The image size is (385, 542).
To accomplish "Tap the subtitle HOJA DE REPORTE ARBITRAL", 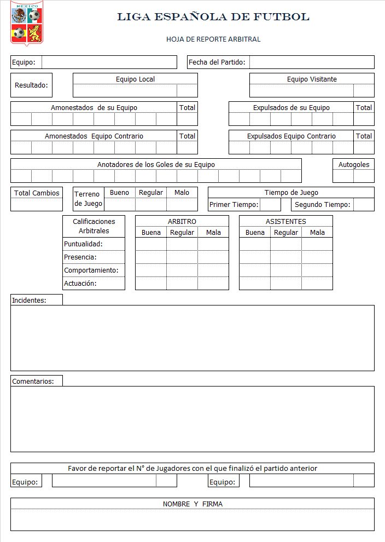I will pos(213,39).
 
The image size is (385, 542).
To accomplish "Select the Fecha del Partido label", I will pos(217,62).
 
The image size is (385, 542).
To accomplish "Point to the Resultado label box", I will pos(31,85).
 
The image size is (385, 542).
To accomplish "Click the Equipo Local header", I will pos(135,79).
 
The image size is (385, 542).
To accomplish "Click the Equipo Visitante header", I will pos(312,79).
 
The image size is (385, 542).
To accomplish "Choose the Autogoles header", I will pos(353,164).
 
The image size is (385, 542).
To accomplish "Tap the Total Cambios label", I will pos(37,193).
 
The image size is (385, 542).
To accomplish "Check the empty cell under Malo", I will pos(182,204).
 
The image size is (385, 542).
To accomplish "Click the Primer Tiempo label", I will pos(234,205).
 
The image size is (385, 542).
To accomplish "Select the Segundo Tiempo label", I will pos(322,205).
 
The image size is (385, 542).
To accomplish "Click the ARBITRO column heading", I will pos(182,221).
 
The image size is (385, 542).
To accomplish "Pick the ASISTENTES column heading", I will pos(286,221).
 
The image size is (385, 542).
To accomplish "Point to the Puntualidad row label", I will pos(83,244).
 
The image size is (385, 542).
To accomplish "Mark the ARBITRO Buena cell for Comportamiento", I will pos(151,270).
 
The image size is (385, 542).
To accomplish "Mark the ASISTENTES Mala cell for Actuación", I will pos(317,284).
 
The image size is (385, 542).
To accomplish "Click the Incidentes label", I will pos(30,300).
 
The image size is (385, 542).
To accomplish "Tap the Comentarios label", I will pos(33,381).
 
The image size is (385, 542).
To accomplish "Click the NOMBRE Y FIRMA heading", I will pos(192,504).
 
